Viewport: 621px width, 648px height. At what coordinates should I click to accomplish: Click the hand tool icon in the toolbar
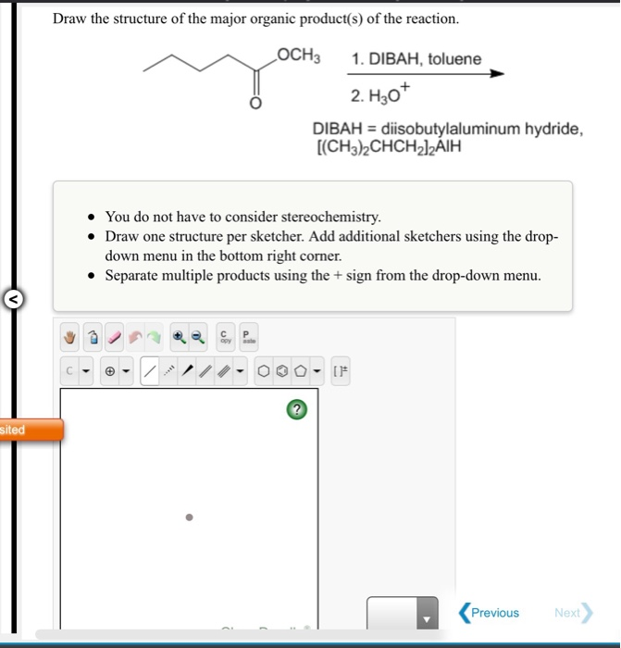coord(69,338)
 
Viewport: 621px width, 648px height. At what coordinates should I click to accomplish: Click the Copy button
coord(223,337)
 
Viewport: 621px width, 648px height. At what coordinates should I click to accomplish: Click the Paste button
coord(247,337)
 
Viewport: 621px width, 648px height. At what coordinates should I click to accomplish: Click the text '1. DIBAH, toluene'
coord(416,59)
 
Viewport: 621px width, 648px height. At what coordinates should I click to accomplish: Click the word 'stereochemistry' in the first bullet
coord(334,217)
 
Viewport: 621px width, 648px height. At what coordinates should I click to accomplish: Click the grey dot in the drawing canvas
coord(189,517)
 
